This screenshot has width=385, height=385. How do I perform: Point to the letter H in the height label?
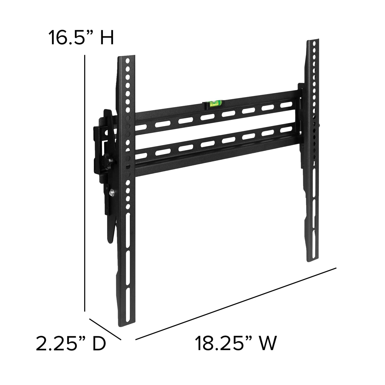(107, 38)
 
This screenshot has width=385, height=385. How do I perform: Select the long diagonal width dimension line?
(236, 300)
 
